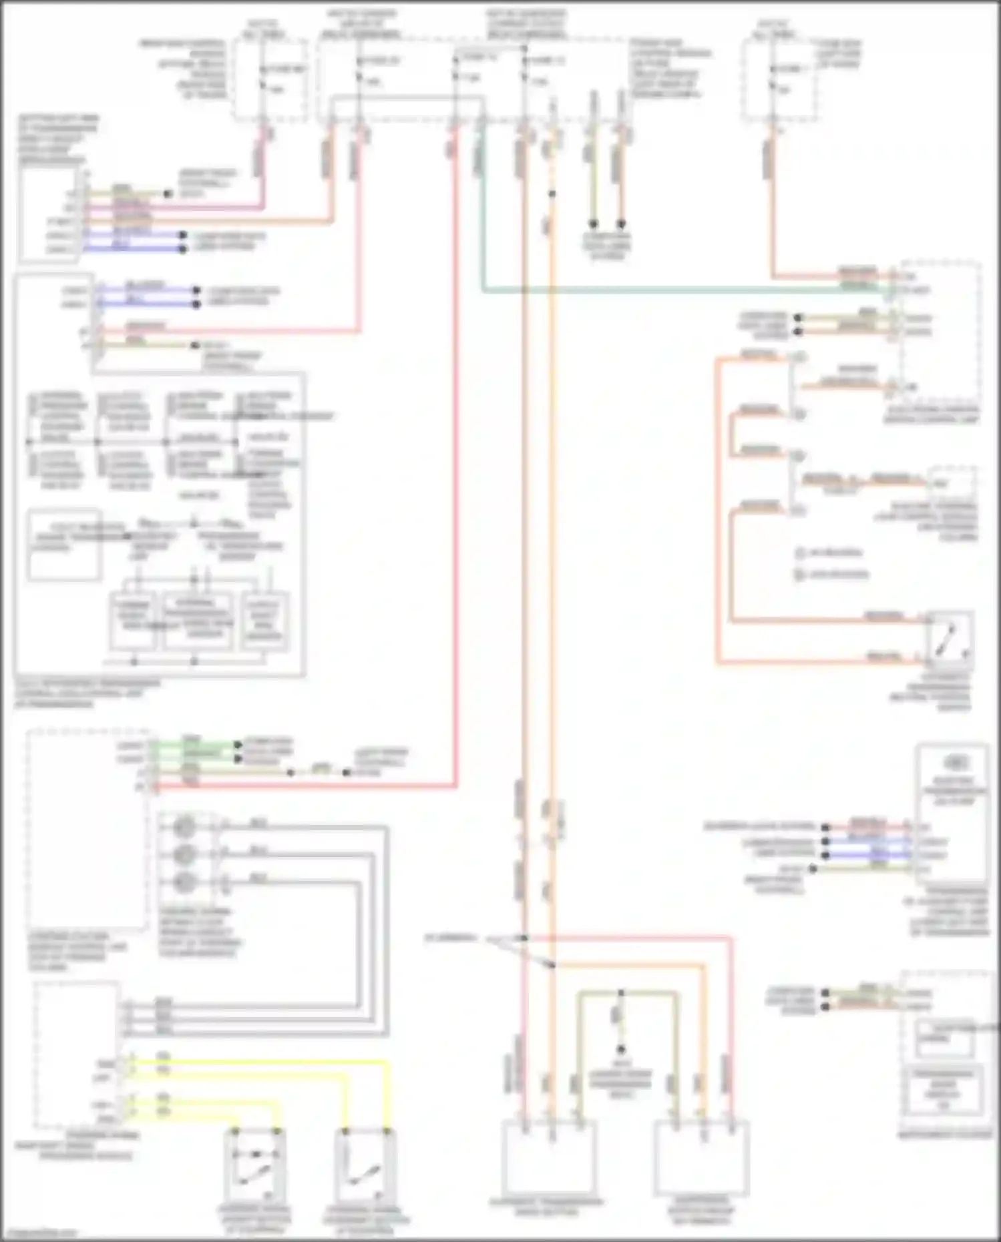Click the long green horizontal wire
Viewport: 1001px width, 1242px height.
[668, 290]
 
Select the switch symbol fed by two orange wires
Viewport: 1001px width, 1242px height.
[949, 637]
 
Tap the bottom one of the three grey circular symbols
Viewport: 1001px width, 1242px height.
[184, 882]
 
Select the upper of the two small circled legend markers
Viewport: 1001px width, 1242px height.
[800, 553]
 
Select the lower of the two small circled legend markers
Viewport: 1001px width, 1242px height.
[800, 574]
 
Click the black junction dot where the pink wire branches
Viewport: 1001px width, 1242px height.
[525, 938]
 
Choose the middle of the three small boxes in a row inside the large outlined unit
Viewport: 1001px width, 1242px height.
[198, 621]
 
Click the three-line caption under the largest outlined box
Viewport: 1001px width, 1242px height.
[87, 693]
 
